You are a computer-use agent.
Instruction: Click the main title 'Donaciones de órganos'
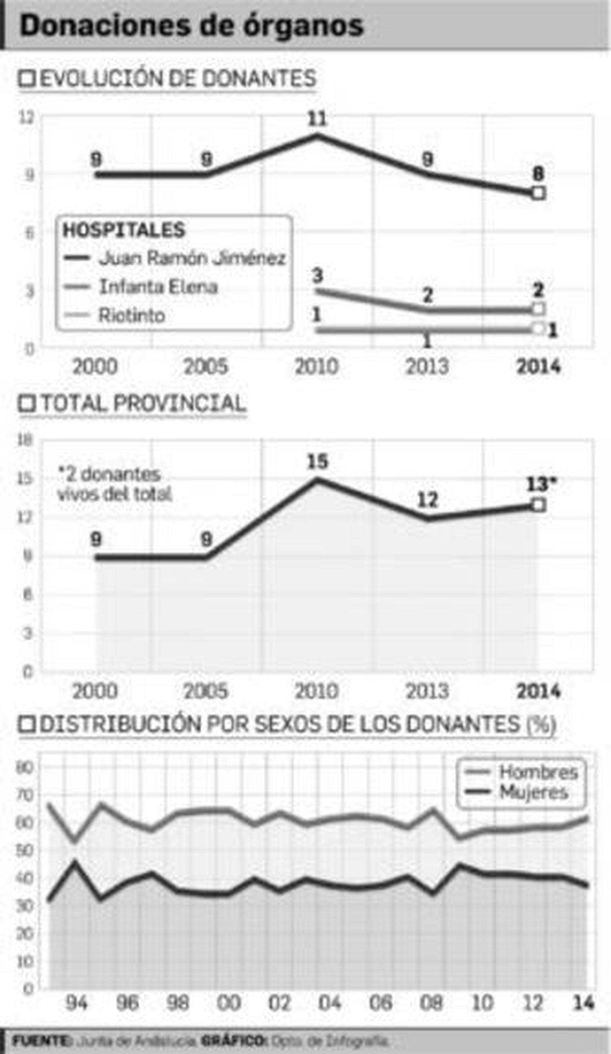(192, 26)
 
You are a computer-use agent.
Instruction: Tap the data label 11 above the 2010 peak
(317, 119)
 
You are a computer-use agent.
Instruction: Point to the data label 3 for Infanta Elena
(317, 276)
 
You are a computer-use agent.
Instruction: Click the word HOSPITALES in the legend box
(124, 230)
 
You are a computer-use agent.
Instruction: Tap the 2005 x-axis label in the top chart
(206, 367)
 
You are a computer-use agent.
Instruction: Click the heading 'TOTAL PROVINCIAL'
(142, 404)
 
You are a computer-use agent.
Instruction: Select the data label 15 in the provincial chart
(318, 462)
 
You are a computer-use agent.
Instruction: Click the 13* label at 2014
(541, 485)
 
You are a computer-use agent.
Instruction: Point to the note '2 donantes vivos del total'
(114, 484)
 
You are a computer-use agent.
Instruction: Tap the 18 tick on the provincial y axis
(26, 440)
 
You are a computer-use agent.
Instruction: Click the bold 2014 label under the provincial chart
(538, 691)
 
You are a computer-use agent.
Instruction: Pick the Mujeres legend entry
(533, 792)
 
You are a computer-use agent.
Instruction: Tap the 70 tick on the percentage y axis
(25, 795)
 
